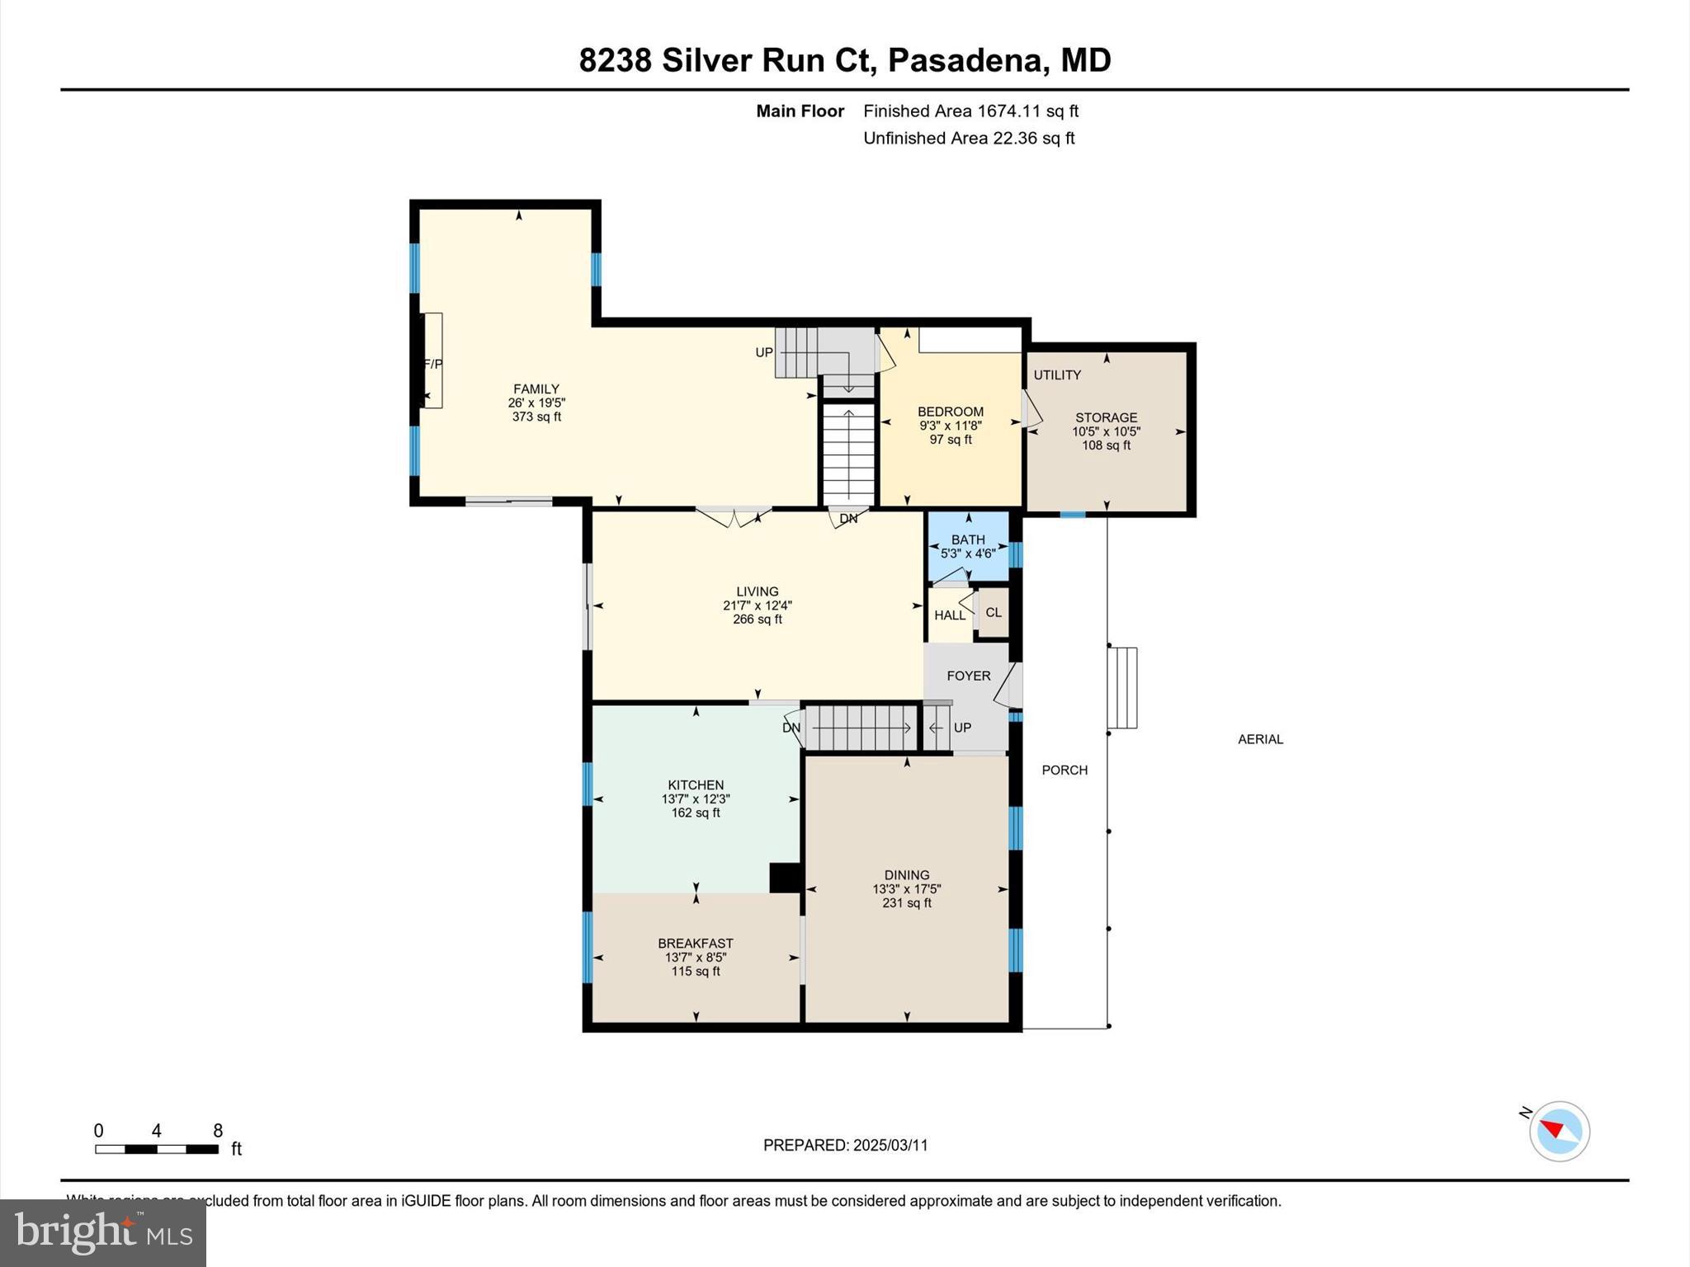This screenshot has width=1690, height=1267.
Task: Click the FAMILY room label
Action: tap(536, 389)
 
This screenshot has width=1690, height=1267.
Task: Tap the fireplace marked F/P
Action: tap(432, 361)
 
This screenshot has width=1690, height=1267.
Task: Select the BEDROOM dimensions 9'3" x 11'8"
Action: tap(951, 426)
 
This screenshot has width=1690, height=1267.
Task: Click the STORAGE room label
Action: tap(1106, 417)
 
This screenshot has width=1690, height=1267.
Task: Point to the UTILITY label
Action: tap(1057, 374)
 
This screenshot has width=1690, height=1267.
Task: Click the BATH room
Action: tap(968, 546)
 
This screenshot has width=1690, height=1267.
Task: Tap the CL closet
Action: tap(993, 612)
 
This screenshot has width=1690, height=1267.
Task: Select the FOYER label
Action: tap(968, 676)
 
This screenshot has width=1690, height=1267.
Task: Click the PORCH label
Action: tap(1065, 770)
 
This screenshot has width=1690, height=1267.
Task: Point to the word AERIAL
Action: tap(1260, 739)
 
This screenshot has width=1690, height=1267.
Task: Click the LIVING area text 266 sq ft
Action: tap(757, 619)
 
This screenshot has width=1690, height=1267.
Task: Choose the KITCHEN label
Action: tap(696, 784)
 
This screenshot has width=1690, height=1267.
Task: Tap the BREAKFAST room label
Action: tap(695, 943)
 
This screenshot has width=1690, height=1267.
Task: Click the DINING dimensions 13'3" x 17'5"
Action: tap(906, 889)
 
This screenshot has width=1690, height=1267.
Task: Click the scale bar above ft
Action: tap(157, 1149)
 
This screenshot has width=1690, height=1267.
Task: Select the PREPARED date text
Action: tap(845, 1145)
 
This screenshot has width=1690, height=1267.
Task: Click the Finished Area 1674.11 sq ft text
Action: tap(970, 111)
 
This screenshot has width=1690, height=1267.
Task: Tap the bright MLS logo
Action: tap(103, 1232)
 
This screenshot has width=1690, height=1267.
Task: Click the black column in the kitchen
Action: tap(786, 878)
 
